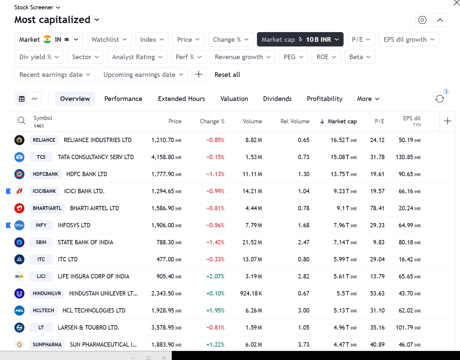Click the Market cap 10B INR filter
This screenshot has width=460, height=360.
coord(300,39)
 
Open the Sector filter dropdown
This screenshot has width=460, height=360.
coord(85,57)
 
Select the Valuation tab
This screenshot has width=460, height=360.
coord(234,99)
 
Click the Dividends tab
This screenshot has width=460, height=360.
coord(277,99)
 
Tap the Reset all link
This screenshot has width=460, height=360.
coord(227,75)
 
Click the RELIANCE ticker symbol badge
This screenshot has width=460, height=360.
coord(44,140)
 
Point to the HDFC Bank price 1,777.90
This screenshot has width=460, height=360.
coord(163,174)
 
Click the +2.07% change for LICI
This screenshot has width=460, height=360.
coord(215,276)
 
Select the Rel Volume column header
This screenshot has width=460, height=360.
coord(295,121)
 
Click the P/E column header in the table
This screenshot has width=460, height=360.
coord(379,121)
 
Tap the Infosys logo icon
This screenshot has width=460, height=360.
coord(19,225)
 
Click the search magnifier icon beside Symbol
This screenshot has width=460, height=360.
coord(21,121)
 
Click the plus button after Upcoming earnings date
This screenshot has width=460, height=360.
coord(198,74)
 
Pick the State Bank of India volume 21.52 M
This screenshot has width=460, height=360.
coord(252,242)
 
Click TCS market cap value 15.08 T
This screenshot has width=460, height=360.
coord(340,157)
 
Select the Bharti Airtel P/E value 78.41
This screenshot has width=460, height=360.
coord(377,208)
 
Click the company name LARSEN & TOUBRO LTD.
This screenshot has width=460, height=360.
coord(88,328)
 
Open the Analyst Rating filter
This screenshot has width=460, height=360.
coord(137,57)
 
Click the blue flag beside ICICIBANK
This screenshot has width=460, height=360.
coord(9,191)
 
